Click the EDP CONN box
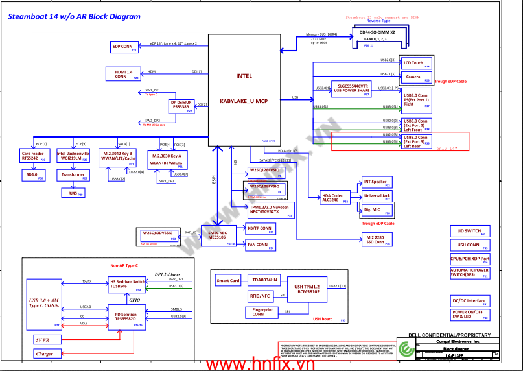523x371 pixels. coord(124,47)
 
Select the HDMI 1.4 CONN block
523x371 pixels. coord(122,74)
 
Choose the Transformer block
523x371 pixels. coord(72,175)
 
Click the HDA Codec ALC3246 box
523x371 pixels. coord(335,197)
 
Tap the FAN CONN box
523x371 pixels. coord(260,245)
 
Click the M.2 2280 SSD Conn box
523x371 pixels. coord(375,239)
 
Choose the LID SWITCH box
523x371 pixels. coord(469,231)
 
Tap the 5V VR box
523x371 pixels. coord(45,339)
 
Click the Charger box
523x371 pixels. coord(45,354)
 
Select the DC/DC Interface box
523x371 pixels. coord(469,302)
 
